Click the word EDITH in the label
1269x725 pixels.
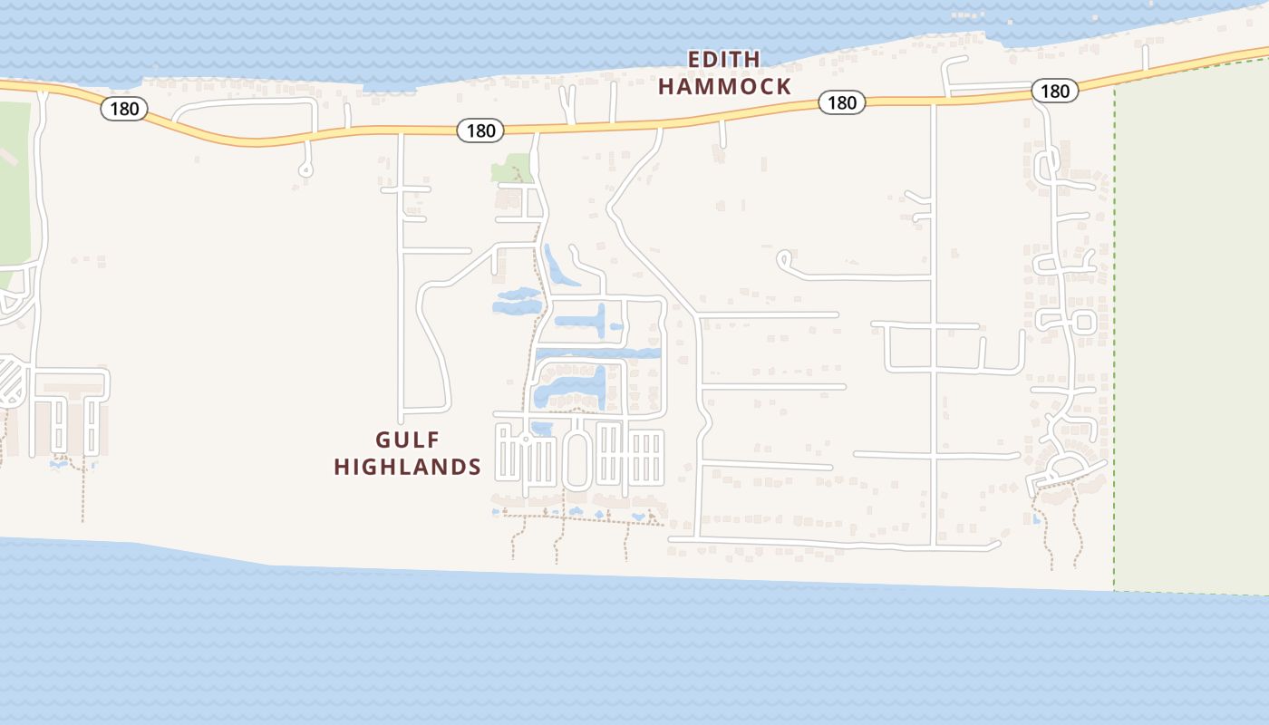723,60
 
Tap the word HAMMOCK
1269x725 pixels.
724,87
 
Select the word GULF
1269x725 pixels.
408,440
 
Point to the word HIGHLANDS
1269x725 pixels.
407,468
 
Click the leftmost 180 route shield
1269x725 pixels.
124,109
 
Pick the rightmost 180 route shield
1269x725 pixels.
1054,91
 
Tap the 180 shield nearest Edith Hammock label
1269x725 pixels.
841,102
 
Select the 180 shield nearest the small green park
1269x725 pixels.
480,130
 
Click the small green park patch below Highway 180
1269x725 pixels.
511,169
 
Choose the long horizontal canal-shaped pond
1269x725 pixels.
598,353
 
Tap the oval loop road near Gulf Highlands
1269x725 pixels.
576,459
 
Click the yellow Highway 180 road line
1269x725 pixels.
634,125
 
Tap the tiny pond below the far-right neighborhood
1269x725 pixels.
1036,519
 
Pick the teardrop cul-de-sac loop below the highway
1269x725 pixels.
305,169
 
